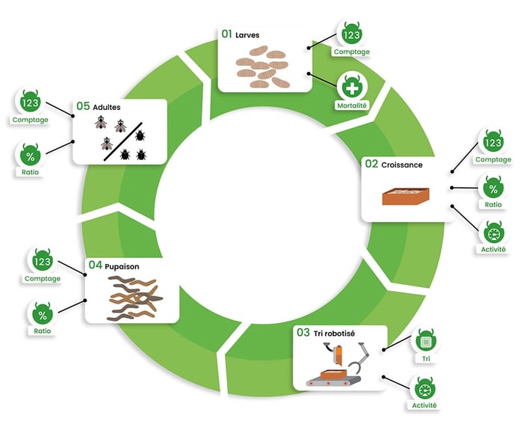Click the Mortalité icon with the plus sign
pos(352,88)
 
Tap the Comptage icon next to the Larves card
pos(351,34)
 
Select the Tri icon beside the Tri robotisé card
pos(426,341)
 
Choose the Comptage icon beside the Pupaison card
pos(42,262)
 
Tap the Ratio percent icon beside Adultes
pos(31,156)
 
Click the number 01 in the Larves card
pos(226,34)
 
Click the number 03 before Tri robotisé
pos(303,332)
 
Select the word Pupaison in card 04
pos(123,265)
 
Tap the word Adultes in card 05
pos(108,107)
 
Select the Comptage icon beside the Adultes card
pos(31,102)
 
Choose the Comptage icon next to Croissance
pos(493,143)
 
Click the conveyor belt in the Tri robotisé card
pos(332,383)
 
